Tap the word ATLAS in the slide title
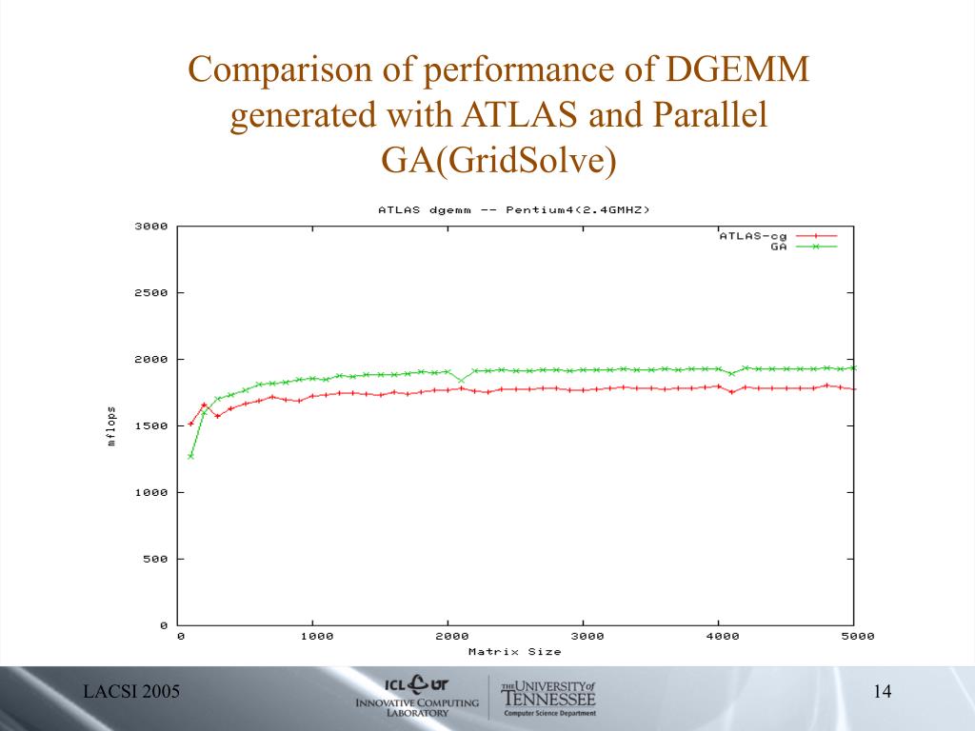tap(522, 115)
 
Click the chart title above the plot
tap(513, 209)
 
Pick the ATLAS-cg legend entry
tap(752, 235)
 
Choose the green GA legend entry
tap(779, 247)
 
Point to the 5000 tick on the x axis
tap(858, 636)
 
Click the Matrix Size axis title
tap(514, 652)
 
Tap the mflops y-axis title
tap(111, 425)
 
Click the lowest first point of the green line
tap(190, 456)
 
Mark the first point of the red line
tap(190, 424)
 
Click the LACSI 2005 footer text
tap(131, 692)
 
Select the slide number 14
tap(882, 692)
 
